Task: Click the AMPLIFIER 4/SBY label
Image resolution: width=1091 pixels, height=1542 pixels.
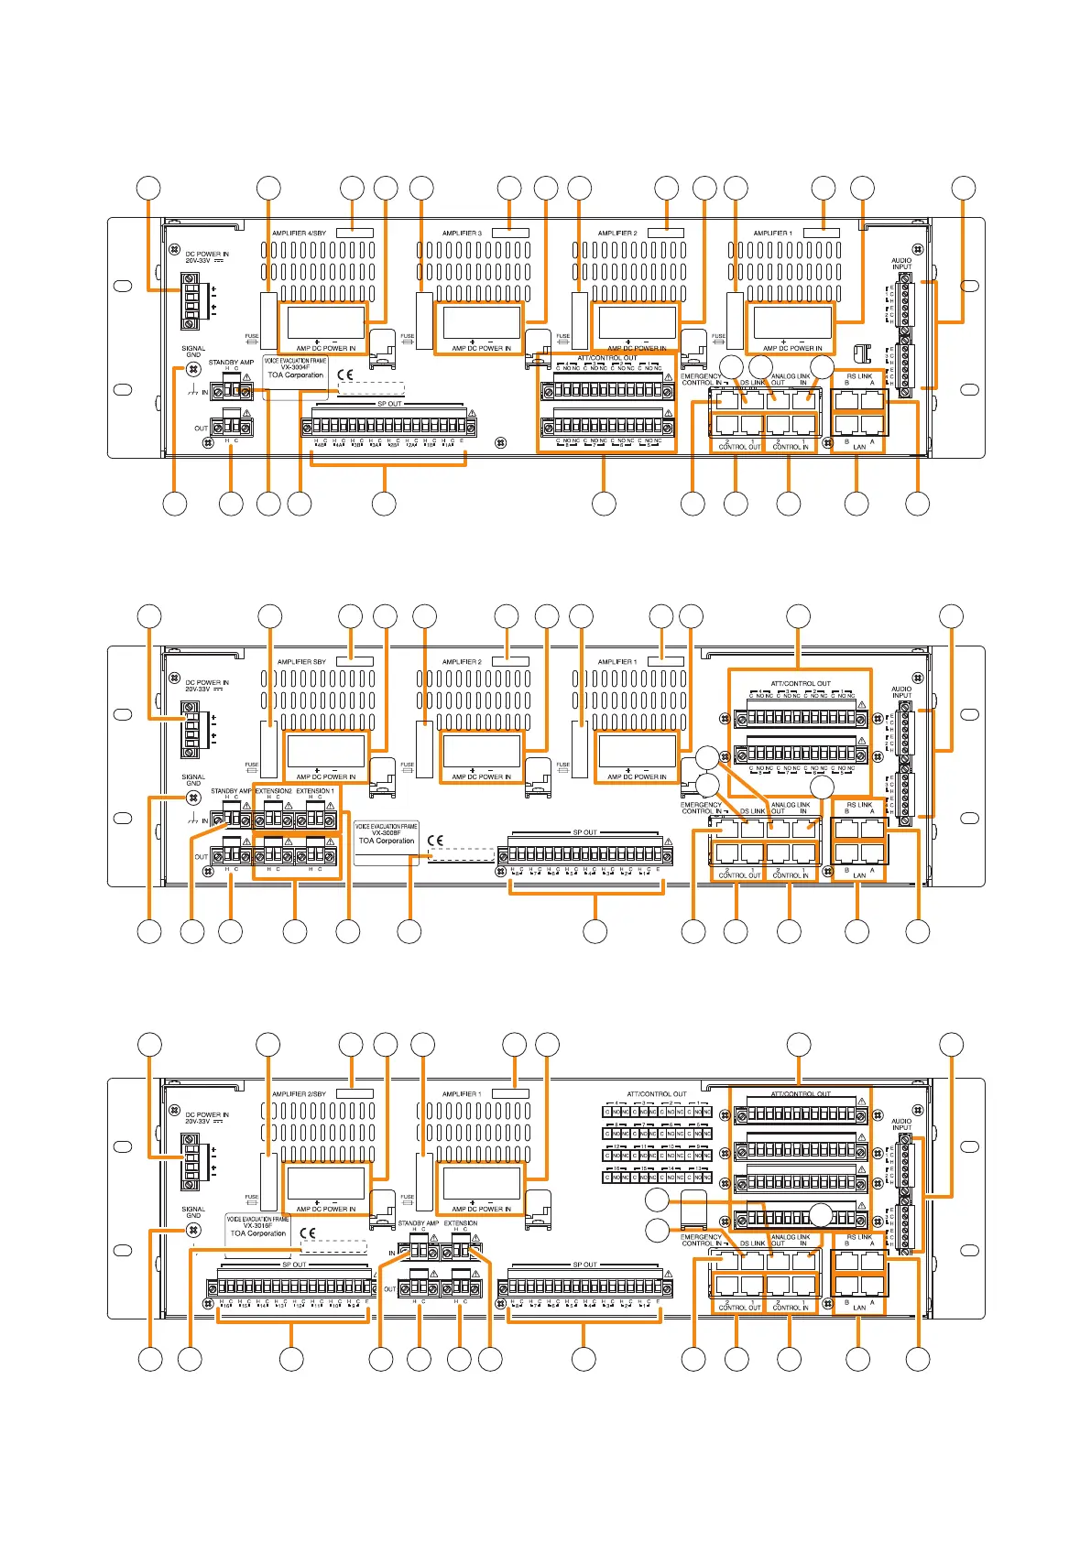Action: coord(299,233)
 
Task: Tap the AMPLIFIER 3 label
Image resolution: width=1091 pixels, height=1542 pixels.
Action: coord(462,233)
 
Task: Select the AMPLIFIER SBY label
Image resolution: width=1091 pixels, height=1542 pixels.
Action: coord(301,662)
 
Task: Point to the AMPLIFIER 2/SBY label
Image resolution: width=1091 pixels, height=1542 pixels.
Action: coord(299,1094)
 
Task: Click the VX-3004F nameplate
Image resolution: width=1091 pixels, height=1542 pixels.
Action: coord(295,368)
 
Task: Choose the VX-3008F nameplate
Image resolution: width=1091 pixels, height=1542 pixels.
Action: coord(386,833)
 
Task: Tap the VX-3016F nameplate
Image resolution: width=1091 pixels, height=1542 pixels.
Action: coord(257,1226)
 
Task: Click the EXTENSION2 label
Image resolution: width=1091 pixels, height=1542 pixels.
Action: coord(273,791)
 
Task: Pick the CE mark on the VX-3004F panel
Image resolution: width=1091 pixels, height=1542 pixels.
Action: coord(345,375)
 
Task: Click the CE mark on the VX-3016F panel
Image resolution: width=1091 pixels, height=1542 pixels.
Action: coord(308,1233)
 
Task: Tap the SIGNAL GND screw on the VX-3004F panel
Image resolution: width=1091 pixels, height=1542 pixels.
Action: coord(193,369)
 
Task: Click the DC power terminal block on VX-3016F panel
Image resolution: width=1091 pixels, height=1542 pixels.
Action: coord(191,1161)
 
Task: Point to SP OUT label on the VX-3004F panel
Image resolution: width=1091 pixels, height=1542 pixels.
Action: coord(389,404)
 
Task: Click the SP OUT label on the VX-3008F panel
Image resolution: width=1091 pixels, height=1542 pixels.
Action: coord(584,832)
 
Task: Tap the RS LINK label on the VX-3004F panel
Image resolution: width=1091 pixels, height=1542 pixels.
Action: coord(859,376)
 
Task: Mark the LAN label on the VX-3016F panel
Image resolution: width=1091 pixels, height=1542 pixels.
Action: coord(859,1308)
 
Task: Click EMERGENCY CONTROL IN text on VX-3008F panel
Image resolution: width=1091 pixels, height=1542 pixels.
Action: coord(702,808)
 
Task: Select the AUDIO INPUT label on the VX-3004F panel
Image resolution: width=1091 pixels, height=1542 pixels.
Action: coord(901,264)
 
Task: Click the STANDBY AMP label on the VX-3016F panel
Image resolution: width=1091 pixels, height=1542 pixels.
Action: coord(418,1223)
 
